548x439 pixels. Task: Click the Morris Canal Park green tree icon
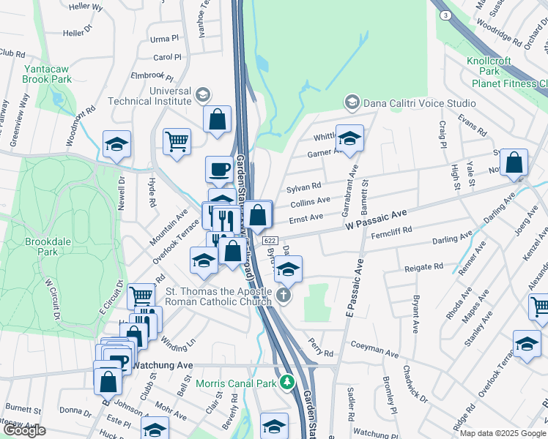click(x=288, y=383)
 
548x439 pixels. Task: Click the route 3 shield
click(x=445, y=15)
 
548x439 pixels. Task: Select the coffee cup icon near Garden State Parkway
click(x=219, y=170)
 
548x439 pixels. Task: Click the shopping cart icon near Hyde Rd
click(x=177, y=139)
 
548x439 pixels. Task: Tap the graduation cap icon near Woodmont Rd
click(x=116, y=144)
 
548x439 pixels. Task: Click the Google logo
click(x=24, y=431)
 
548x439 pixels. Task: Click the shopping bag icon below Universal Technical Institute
click(x=218, y=119)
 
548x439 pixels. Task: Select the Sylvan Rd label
click(x=304, y=187)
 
